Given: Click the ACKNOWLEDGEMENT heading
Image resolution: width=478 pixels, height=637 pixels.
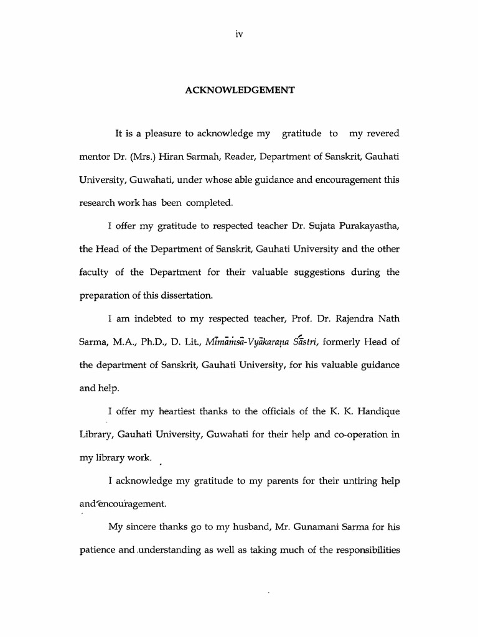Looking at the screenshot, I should pyautogui.click(x=239, y=90).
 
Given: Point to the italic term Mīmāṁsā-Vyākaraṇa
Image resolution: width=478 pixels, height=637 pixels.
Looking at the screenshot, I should pyautogui.click(x=248, y=342).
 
